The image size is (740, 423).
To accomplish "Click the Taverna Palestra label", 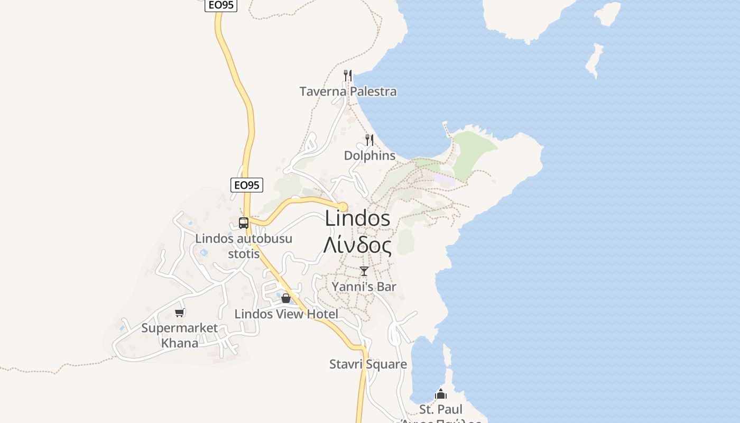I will click(348, 91).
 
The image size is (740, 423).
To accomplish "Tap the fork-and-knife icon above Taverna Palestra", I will click(347, 76).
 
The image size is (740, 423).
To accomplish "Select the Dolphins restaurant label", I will click(369, 155).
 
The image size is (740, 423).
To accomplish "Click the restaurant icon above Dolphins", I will click(369, 140).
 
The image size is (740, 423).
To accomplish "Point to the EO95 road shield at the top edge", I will click(220, 5).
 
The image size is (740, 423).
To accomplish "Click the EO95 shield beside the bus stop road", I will click(247, 185).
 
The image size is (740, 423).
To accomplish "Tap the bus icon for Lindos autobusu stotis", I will click(243, 223).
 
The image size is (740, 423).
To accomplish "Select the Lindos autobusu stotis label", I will click(244, 246).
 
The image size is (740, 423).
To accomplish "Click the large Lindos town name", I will click(358, 218).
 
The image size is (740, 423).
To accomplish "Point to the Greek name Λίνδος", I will click(358, 245).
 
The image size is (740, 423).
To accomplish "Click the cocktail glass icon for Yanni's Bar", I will click(364, 271).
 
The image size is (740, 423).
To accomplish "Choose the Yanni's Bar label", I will click(364, 287).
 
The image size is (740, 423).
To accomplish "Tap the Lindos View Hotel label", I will click(286, 314).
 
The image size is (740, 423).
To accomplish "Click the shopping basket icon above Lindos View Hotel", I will click(286, 299).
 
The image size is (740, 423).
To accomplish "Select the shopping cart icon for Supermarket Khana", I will click(179, 312).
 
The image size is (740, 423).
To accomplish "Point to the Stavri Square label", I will click(368, 364).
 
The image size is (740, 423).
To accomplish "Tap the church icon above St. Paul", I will click(440, 394).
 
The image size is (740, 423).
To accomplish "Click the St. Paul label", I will click(440, 409).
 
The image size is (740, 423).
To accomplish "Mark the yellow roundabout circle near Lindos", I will click(343, 206).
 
